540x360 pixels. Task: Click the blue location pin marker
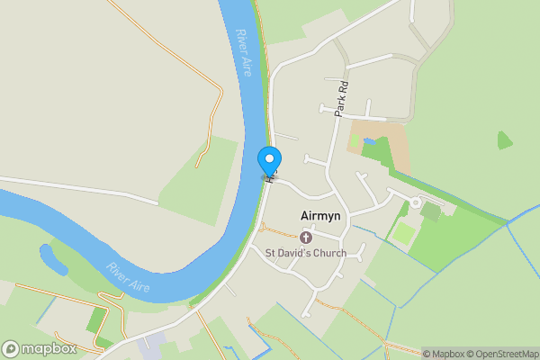(268, 160)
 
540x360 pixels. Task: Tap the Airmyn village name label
(319, 218)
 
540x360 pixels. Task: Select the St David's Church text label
(305, 253)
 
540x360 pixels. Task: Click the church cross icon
(305, 238)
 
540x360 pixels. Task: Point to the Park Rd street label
(340, 98)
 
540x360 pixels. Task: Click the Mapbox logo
(39, 348)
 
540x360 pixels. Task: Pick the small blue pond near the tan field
(369, 141)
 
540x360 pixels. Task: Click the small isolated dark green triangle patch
(505, 139)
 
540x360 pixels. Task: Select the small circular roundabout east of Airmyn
(415, 202)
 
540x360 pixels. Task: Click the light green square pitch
(404, 233)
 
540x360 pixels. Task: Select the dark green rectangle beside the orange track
(96, 319)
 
